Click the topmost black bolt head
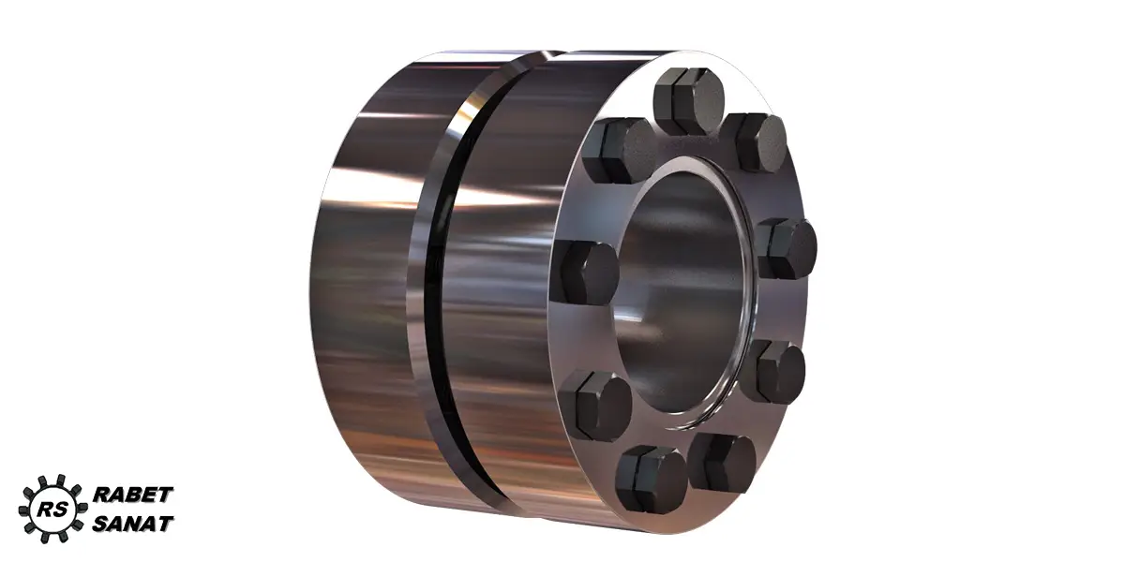[688, 101]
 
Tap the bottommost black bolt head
[652, 479]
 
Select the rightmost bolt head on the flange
[786, 249]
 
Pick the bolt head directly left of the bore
[585, 274]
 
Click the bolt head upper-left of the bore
[618, 151]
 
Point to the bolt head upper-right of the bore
[757, 142]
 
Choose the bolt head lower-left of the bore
[595, 407]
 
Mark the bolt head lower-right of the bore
[774, 372]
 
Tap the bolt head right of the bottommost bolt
[722, 463]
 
